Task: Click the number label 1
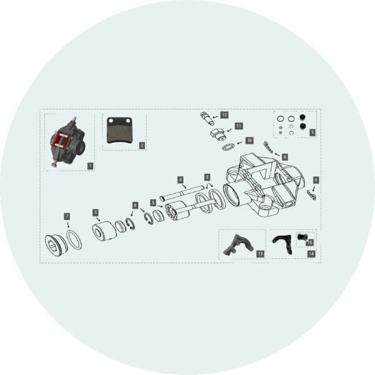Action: click(91, 166)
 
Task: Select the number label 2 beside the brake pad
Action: click(142, 145)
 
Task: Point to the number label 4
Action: click(181, 179)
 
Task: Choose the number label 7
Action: click(67, 216)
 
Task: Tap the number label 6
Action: click(135, 205)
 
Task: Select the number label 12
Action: click(224, 115)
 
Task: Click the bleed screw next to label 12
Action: click(207, 117)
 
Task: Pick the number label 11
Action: click(239, 126)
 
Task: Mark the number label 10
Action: click(249, 141)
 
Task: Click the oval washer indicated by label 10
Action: click(228, 147)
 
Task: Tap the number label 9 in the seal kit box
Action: click(312, 132)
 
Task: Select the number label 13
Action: click(260, 254)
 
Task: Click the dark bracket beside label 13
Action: click(237, 244)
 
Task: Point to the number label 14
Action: click(311, 254)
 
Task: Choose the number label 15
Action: click(311, 242)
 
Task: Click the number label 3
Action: click(207, 177)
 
